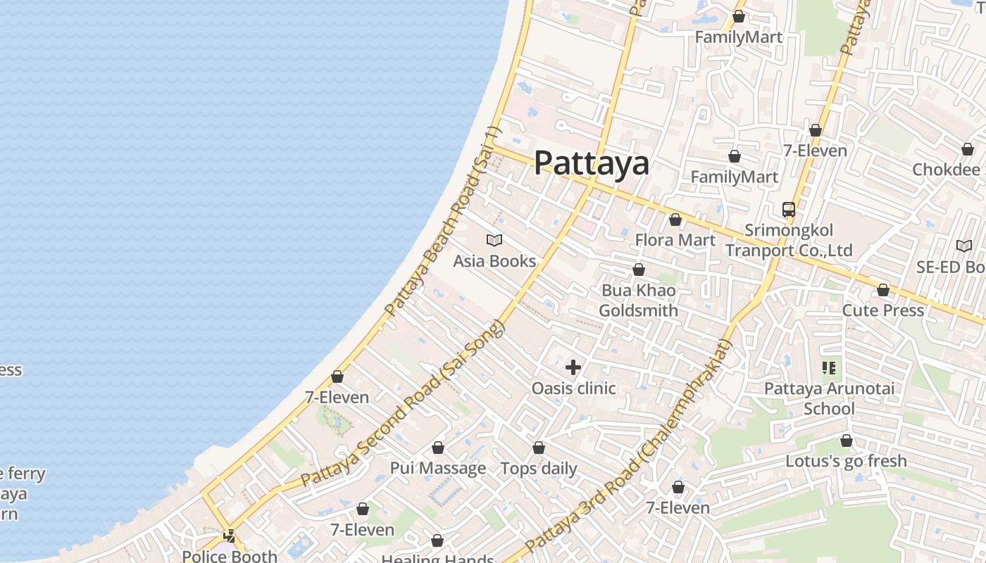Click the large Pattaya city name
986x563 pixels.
pyautogui.click(x=592, y=163)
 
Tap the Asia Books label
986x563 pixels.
pyautogui.click(x=494, y=261)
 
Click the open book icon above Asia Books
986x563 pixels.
pyautogui.click(x=494, y=241)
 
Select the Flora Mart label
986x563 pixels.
pyautogui.click(x=675, y=240)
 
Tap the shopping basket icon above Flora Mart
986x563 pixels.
pyautogui.click(x=675, y=220)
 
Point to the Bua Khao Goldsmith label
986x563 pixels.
pyautogui.click(x=638, y=301)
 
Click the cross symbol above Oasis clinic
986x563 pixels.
pyautogui.click(x=573, y=367)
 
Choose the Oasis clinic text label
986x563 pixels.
pyautogui.click(x=573, y=388)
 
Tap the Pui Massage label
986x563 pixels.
pyautogui.click(x=438, y=468)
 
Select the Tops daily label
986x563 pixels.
pyautogui.click(x=539, y=469)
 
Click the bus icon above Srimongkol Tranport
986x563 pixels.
pyautogui.click(x=789, y=210)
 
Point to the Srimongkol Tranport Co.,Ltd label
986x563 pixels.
pyautogui.click(x=789, y=241)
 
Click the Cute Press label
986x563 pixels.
pyautogui.click(x=883, y=310)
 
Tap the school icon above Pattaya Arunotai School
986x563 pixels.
pyautogui.click(x=829, y=367)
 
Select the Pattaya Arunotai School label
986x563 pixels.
pyautogui.click(x=829, y=398)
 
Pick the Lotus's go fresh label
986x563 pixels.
pyautogui.click(x=846, y=461)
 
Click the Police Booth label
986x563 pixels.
pyautogui.click(x=230, y=556)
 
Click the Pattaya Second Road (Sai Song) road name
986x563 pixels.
pyautogui.click(x=404, y=403)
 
